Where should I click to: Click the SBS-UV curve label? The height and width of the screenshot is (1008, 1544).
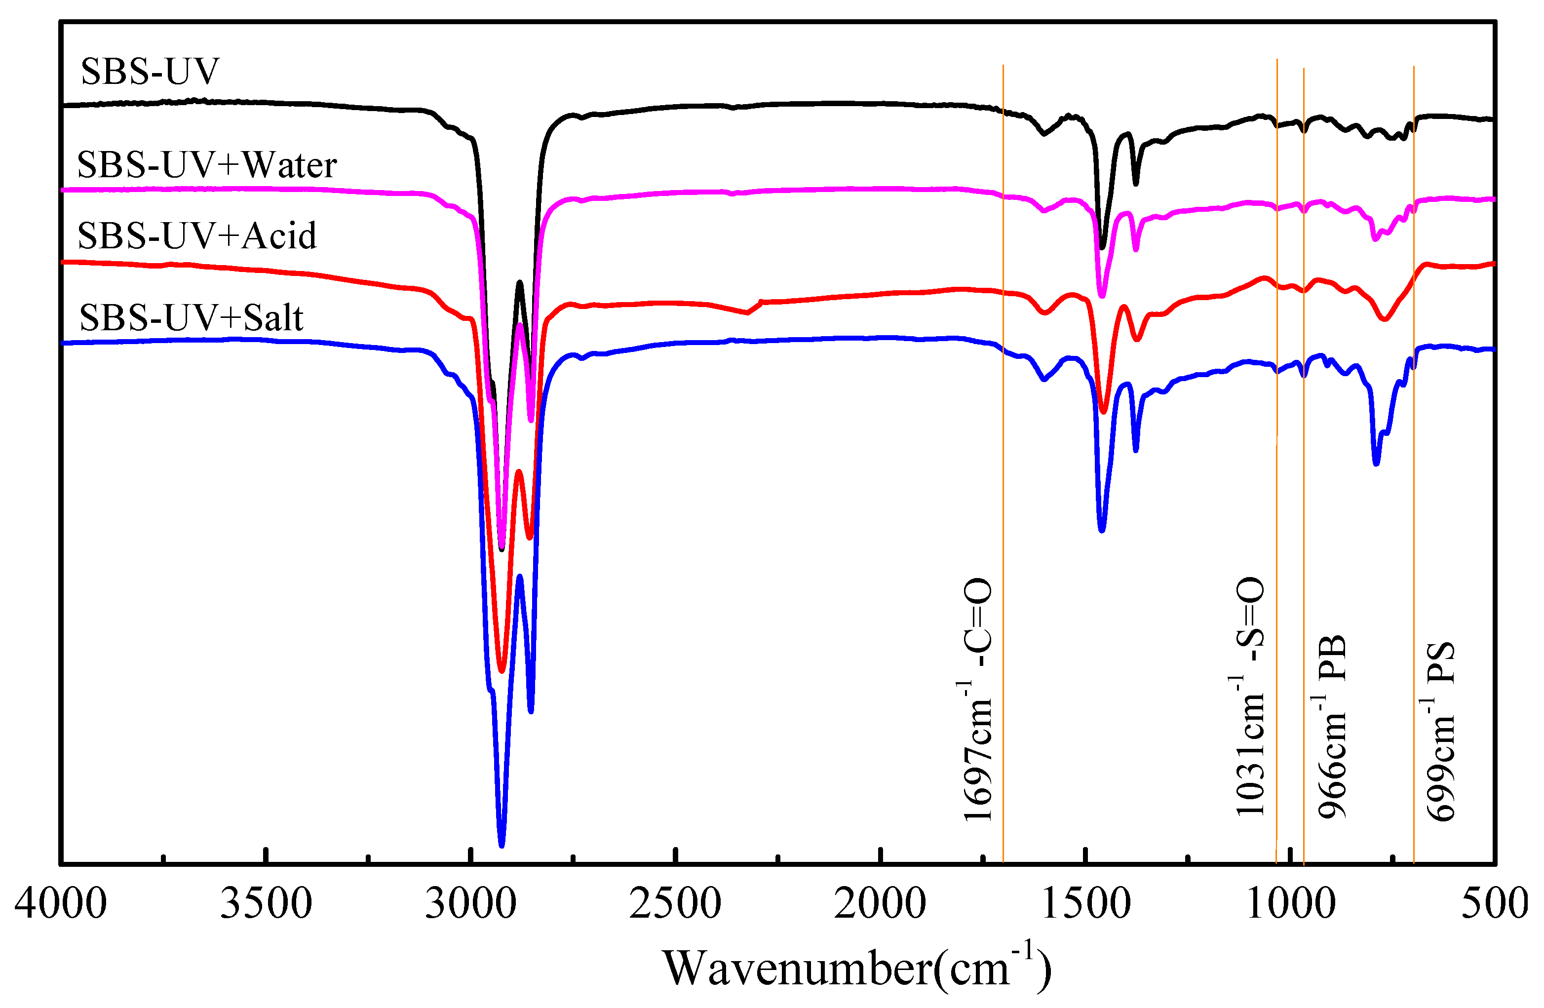pyautogui.click(x=150, y=72)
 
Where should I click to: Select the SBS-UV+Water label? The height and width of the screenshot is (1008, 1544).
pyautogui.click(x=207, y=165)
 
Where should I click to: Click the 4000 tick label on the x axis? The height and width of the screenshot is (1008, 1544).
pyautogui.click(x=60, y=903)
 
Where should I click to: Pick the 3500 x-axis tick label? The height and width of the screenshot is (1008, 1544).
pyautogui.click(x=266, y=903)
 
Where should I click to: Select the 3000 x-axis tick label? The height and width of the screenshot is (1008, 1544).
pyautogui.click(x=471, y=903)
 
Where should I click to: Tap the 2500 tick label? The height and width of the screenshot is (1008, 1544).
pyautogui.click(x=675, y=903)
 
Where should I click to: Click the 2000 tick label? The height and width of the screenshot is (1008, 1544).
pyautogui.click(x=880, y=903)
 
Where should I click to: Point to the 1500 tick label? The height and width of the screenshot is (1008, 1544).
pyautogui.click(x=1085, y=903)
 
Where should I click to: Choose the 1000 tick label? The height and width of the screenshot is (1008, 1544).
pyautogui.click(x=1290, y=903)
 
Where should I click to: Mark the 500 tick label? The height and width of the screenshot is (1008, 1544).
pyautogui.click(x=1495, y=903)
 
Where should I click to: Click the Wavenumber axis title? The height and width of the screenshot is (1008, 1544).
pyautogui.click(x=857, y=969)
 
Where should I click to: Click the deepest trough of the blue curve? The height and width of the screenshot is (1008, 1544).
pyautogui.click(x=502, y=845)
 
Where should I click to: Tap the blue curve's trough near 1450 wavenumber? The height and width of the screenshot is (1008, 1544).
pyautogui.click(x=1102, y=531)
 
